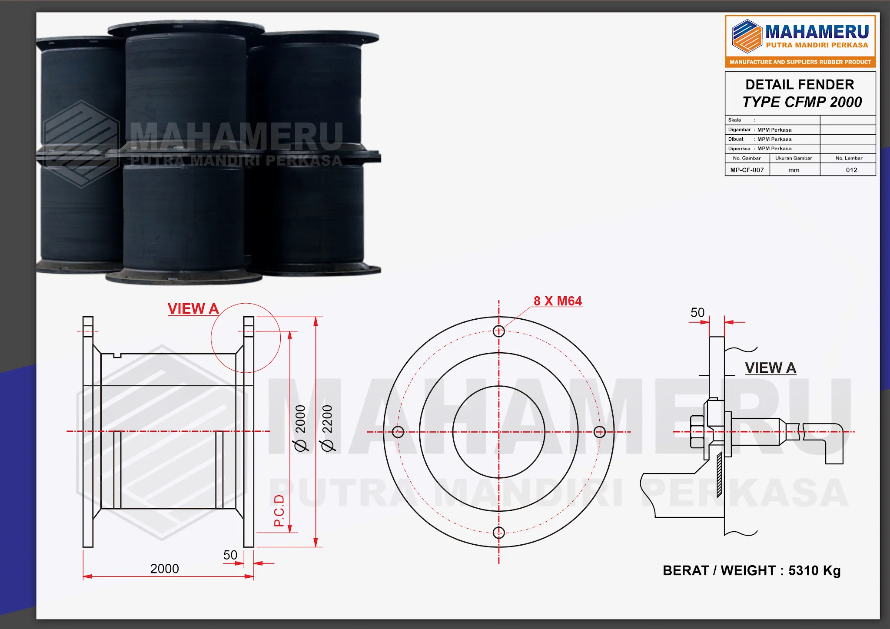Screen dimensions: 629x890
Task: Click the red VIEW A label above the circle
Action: [193, 308]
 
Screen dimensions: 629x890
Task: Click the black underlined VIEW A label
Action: [770, 368]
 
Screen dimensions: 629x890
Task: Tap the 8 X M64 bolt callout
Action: [558, 301]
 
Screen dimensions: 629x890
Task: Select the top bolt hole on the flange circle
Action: [499, 331]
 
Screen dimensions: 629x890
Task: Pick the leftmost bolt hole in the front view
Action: [398, 432]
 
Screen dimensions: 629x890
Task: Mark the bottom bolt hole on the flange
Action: [499, 532]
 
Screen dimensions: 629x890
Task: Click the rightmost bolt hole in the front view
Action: [599, 432]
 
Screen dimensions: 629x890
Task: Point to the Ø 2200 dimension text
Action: [327, 428]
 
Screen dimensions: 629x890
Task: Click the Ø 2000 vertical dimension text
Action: [300, 428]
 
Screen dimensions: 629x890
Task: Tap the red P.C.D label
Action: [279, 510]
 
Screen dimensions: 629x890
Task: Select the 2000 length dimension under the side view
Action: [164, 569]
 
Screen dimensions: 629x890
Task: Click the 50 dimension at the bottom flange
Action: [230, 555]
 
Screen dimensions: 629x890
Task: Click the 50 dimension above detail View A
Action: [697, 312]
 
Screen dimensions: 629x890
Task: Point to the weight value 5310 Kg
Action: [814, 570]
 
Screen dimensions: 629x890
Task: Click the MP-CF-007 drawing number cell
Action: [747, 170]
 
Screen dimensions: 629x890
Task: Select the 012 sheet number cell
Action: [851, 170]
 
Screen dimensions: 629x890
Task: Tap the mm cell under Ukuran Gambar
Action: [794, 170]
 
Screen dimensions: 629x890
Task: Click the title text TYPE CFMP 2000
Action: [802, 102]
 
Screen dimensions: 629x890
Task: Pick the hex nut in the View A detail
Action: [697, 432]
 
